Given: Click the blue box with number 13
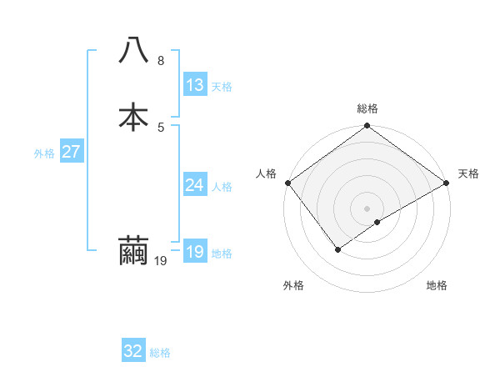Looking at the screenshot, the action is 194,85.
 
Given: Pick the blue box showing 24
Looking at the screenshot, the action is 194,185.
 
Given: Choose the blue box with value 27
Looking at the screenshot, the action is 71,152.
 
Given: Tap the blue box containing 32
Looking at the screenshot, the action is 133,351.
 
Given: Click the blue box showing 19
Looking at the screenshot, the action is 194,252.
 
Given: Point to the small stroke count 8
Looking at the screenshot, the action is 160,61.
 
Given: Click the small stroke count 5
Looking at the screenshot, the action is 160,127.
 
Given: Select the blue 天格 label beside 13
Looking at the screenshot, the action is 222,87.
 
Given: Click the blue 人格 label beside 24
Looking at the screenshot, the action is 222,187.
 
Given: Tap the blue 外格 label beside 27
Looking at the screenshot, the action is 43,153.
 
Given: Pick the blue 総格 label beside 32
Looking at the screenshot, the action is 160,353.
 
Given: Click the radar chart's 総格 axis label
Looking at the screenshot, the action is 367,108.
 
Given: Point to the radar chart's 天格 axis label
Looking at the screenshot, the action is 468,173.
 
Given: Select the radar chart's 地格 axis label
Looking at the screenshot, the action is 437,285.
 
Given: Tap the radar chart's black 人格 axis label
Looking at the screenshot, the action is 266,173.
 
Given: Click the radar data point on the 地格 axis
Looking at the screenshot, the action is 377,222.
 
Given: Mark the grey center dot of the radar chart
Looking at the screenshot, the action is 367,208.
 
